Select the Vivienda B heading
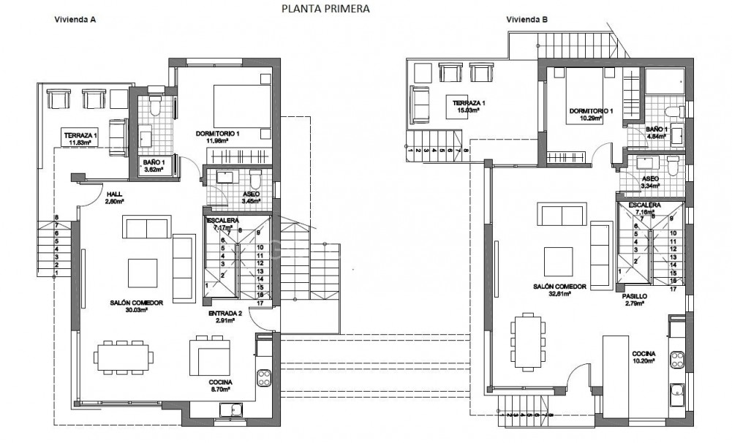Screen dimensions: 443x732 tap(527, 20)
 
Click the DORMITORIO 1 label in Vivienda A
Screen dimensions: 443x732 tap(218, 134)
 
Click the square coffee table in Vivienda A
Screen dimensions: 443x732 tap(143, 273)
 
